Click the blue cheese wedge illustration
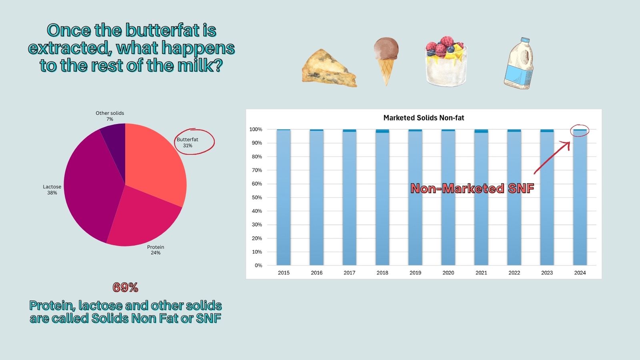point(328,69)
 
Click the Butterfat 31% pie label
point(188,142)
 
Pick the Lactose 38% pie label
point(52,190)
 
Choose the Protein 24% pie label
point(156,250)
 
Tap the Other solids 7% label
point(110,116)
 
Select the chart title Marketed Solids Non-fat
point(424,118)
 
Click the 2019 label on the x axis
point(415,273)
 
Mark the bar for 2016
point(316,198)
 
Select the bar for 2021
point(481,198)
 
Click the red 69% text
point(125,287)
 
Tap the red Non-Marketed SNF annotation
point(472,188)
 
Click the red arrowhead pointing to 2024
point(567,144)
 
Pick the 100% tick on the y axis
point(256,130)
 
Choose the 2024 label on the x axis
point(580,273)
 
